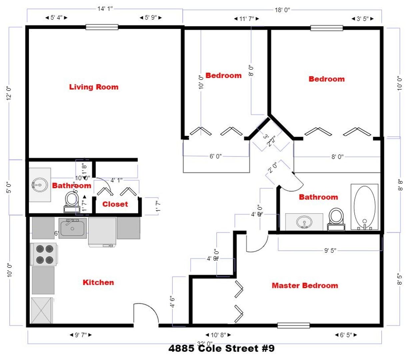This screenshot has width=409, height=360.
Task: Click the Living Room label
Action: [x=94, y=87]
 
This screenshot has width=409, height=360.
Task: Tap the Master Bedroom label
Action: [x=305, y=285]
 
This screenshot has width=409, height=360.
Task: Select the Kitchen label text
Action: [x=98, y=282]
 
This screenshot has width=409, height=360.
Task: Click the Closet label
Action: [x=115, y=204]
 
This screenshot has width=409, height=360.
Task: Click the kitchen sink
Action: [x=72, y=228]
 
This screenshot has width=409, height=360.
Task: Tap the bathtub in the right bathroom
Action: [x=364, y=207]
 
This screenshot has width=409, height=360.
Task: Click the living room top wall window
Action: [x=102, y=27]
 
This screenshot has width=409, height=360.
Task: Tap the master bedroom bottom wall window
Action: [x=293, y=325]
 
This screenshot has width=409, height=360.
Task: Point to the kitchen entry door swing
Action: [x=146, y=313]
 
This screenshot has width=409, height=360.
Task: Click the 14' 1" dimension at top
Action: [x=105, y=8]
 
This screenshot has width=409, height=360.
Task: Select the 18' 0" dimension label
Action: [x=282, y=10]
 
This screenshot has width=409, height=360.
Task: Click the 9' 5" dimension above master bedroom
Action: [x=330, y=250]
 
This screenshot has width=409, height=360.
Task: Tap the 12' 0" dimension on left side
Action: [x=9, y=93]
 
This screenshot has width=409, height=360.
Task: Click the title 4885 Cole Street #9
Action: [x=221, y=349]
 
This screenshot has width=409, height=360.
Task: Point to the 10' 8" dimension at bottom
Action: [x=218, y=335]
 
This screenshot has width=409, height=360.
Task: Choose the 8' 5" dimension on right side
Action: [x=400, y=279]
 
